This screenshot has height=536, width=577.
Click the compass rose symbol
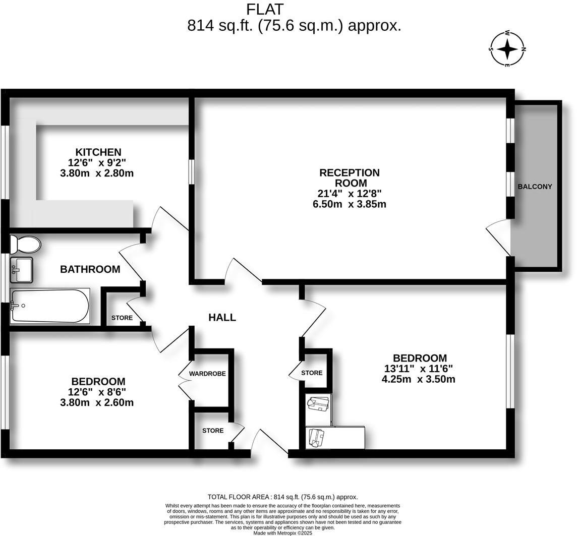pos(507,49)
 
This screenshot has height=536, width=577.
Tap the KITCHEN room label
pos(98,152)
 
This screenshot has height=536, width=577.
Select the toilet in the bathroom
pos(26,245)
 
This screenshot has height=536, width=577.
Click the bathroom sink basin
pos(21,269)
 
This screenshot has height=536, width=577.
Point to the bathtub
pos(49,306)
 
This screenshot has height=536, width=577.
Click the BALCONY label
pos(535,186)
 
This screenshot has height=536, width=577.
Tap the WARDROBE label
pos(207,374)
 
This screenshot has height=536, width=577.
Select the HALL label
pos(222,317)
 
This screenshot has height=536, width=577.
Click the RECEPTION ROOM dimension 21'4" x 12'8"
pos(349,193)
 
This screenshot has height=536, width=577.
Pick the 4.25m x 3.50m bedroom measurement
pos(418,379)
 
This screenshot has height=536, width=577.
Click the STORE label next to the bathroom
pos(122,318)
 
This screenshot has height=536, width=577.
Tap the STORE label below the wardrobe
pos(212,431)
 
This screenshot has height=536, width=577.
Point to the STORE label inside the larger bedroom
pos(312,373)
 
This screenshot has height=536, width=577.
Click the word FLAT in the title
pos(265,9)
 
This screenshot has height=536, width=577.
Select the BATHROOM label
pos(90,269)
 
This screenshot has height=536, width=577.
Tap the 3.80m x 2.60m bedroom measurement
pos(97,402)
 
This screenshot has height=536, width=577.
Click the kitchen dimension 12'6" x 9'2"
pos(97,162)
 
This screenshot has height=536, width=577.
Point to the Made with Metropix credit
pos(282,532)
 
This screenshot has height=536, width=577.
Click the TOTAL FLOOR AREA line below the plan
pos(282,497)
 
